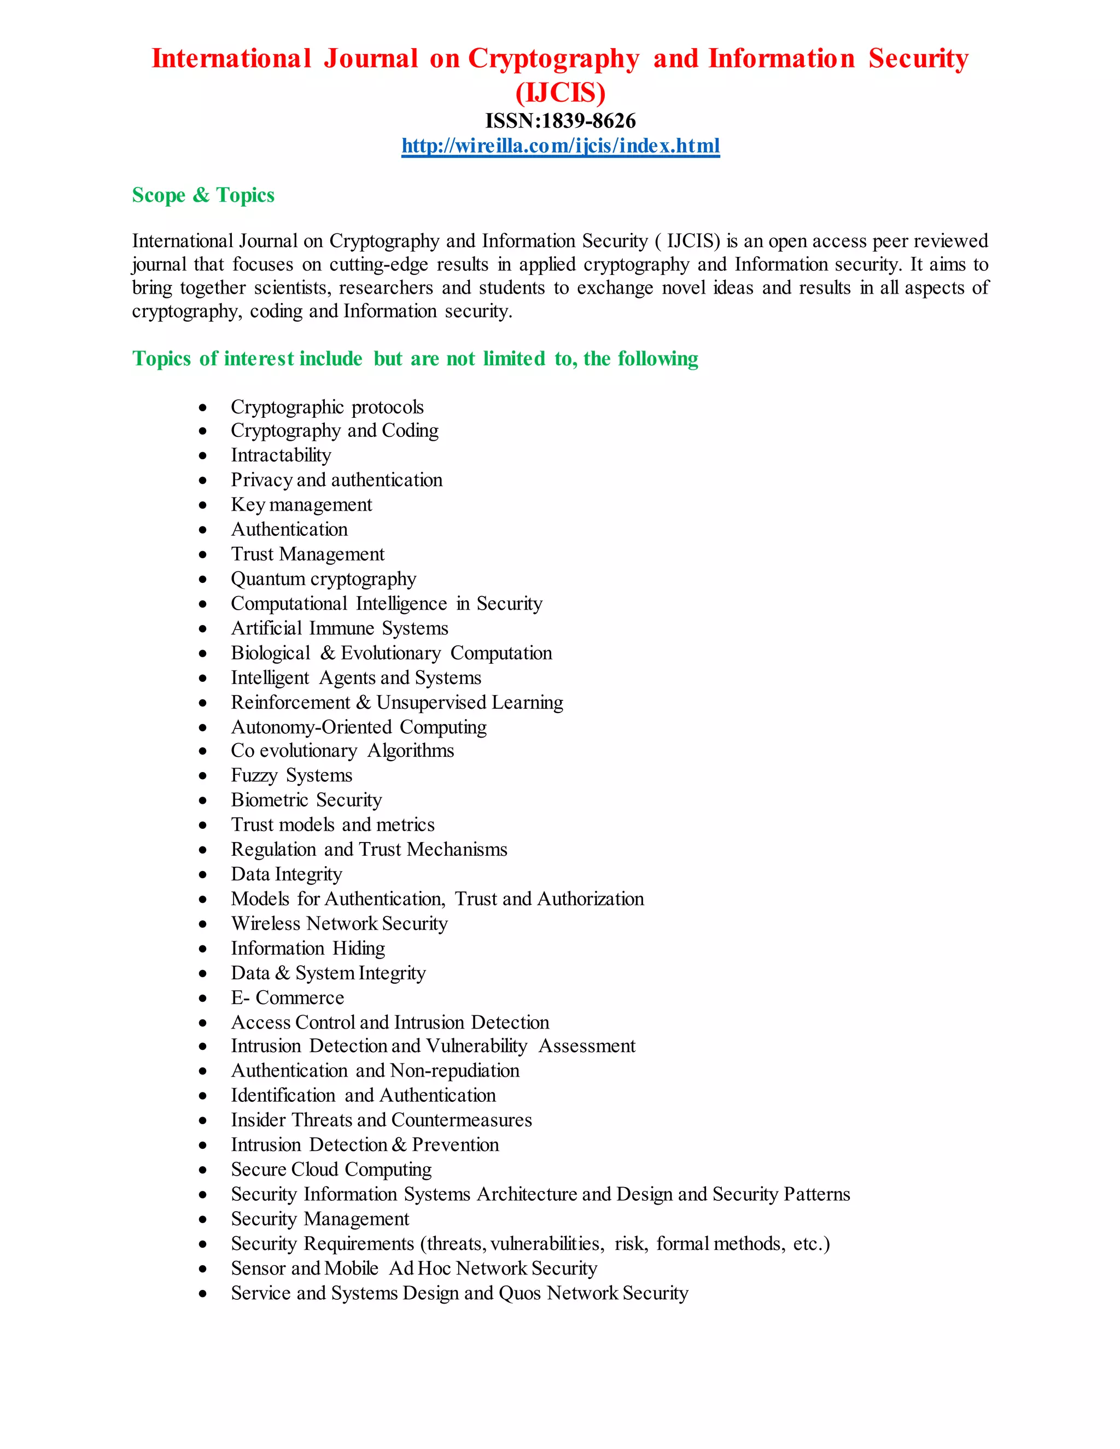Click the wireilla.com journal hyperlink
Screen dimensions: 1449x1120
560,145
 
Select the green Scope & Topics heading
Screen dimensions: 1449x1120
203,195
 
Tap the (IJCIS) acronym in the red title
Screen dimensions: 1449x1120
560,92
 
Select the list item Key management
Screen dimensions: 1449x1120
301,505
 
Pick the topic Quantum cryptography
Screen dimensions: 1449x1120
323,579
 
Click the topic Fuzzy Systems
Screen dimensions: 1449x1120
291,775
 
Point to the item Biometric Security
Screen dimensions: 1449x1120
306,800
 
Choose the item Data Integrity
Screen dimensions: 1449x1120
286,874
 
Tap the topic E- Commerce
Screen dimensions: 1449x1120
287,998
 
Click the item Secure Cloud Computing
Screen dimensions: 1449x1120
331,1170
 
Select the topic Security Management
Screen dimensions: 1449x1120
320,1219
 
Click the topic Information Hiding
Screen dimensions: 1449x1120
308,949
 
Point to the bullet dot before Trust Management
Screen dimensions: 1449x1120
203,554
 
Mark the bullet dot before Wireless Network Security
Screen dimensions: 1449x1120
203,924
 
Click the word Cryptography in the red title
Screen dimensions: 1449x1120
553,59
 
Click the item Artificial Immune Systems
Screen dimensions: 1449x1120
339,628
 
